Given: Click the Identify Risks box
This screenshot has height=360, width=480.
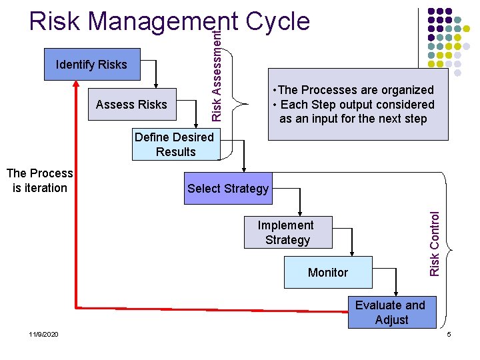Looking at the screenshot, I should [92, 65].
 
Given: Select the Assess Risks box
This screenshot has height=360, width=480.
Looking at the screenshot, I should [131, 104].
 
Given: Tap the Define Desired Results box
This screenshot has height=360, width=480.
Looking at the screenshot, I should [175, 145].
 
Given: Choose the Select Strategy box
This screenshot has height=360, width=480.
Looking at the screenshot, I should [228, 189].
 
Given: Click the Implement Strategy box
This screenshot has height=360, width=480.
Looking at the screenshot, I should [286, 232].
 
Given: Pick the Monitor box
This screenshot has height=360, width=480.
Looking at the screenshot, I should [328, 272].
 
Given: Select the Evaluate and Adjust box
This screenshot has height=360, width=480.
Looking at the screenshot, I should [391, 312].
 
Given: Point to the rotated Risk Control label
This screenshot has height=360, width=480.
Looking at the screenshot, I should [435, 243].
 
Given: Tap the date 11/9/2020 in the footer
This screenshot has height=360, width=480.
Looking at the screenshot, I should [43, 334].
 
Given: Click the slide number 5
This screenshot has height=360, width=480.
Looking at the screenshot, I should [449, 334].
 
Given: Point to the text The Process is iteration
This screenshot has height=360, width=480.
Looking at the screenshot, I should [39, 181].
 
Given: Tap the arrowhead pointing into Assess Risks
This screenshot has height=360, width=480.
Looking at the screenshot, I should [157, 85].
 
